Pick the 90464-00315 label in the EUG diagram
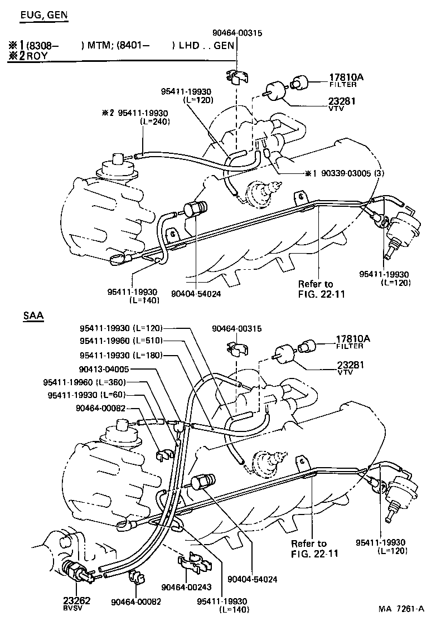pos(236,33)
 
